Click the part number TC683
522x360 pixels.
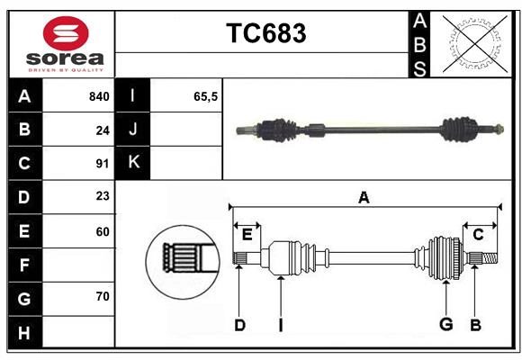[x=265, y=33]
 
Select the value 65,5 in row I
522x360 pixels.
[x=206, y=96]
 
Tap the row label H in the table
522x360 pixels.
[x=24, y=332]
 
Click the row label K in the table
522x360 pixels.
[x=133, y=163]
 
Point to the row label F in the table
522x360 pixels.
[x=24, y=265]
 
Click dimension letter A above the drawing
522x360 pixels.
[x=364, y=197]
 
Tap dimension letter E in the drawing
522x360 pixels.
[x=247, y=235]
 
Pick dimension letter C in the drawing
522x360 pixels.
[x=479, y=234]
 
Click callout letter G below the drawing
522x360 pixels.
[x=445, y=325]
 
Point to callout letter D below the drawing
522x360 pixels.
[x=239, y=325]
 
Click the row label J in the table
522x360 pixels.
[x=133, y=130]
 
